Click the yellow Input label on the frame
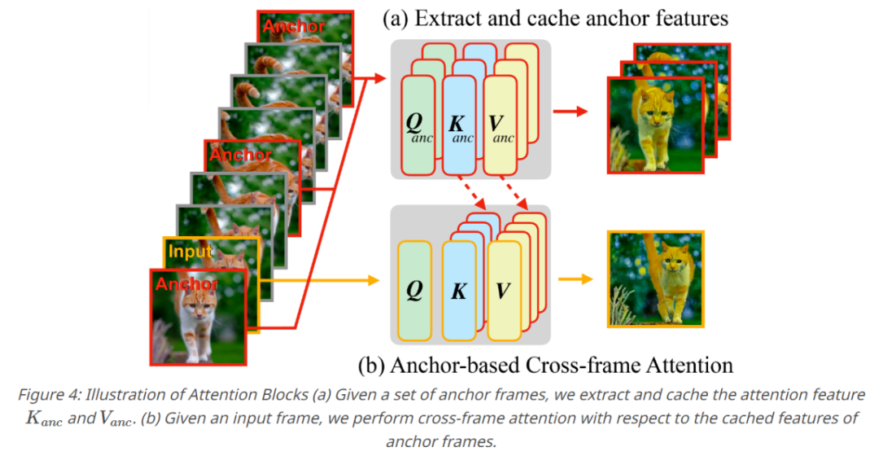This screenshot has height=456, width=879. (189, 252)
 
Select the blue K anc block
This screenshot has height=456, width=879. (461, 125)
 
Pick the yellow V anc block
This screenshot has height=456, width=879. (501, 125)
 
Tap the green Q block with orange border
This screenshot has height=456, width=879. (414, 291)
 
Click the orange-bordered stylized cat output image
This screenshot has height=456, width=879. (655, 279)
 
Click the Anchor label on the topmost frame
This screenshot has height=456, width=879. (294, 26)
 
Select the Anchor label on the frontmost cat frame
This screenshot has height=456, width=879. (186, 284)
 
